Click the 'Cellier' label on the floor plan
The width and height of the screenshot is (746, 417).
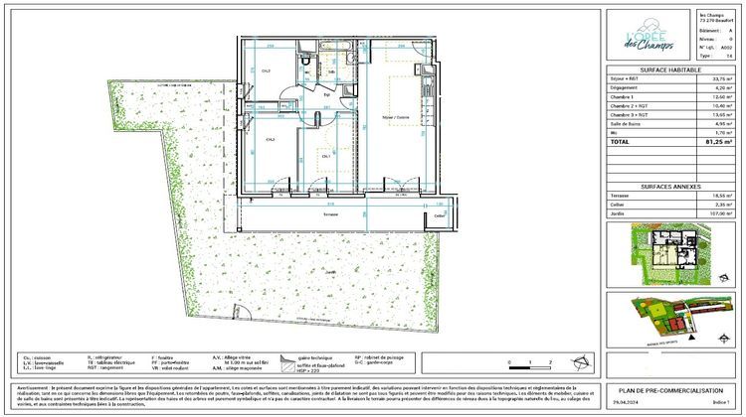pos(439,214)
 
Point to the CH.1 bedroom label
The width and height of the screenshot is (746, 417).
pos(326,156)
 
